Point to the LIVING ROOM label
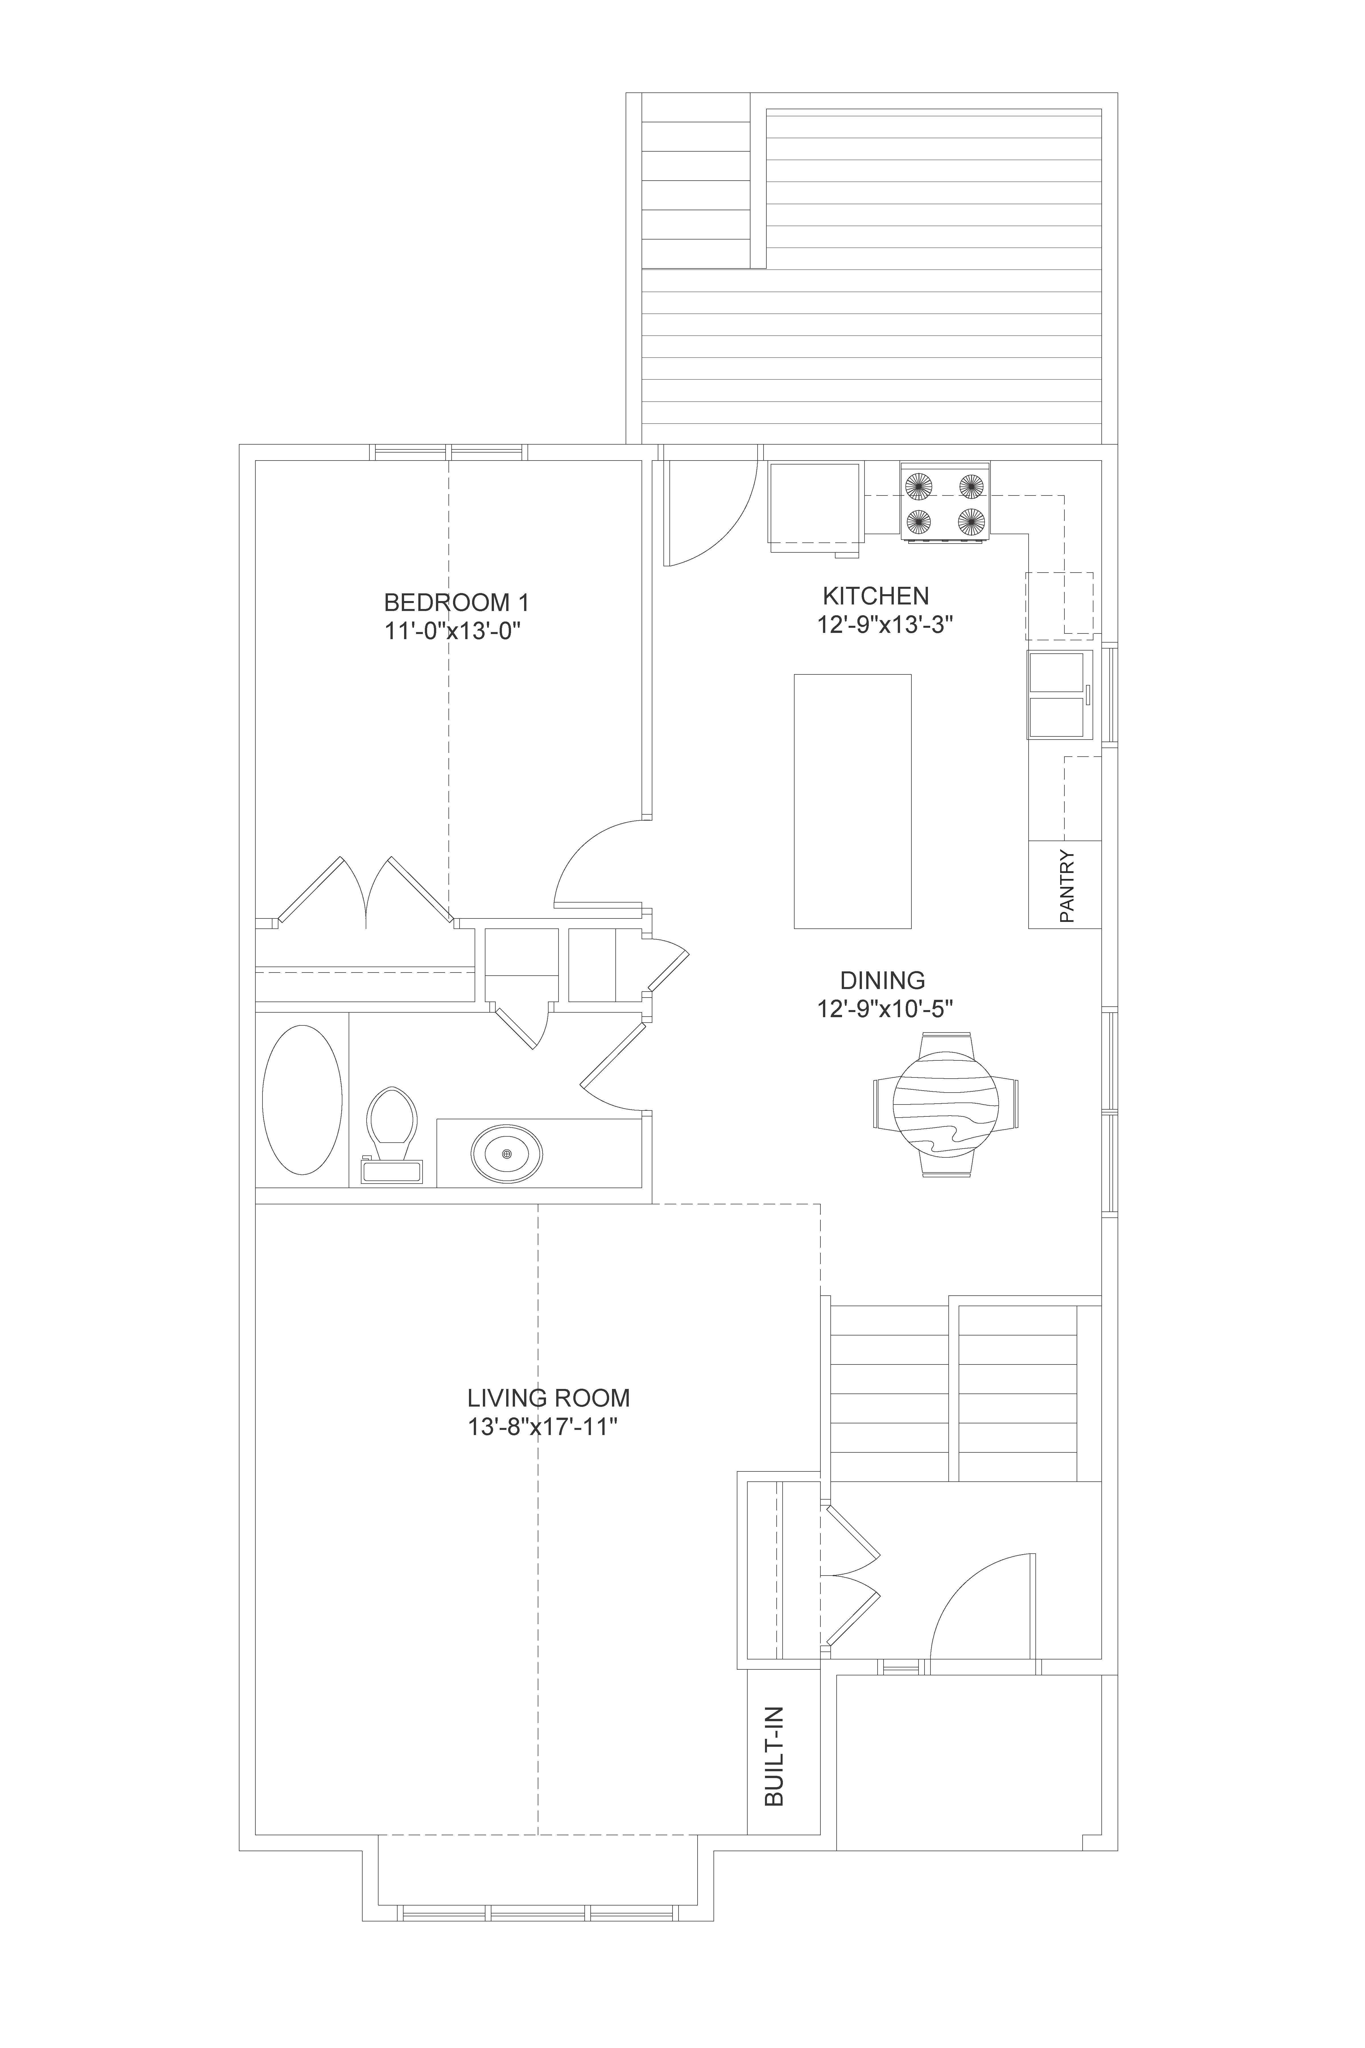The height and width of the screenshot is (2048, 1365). tap(549, 1398)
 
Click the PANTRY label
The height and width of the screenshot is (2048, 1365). tap(1067, 886)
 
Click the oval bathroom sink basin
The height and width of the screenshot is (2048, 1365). tap(507, 1154)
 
